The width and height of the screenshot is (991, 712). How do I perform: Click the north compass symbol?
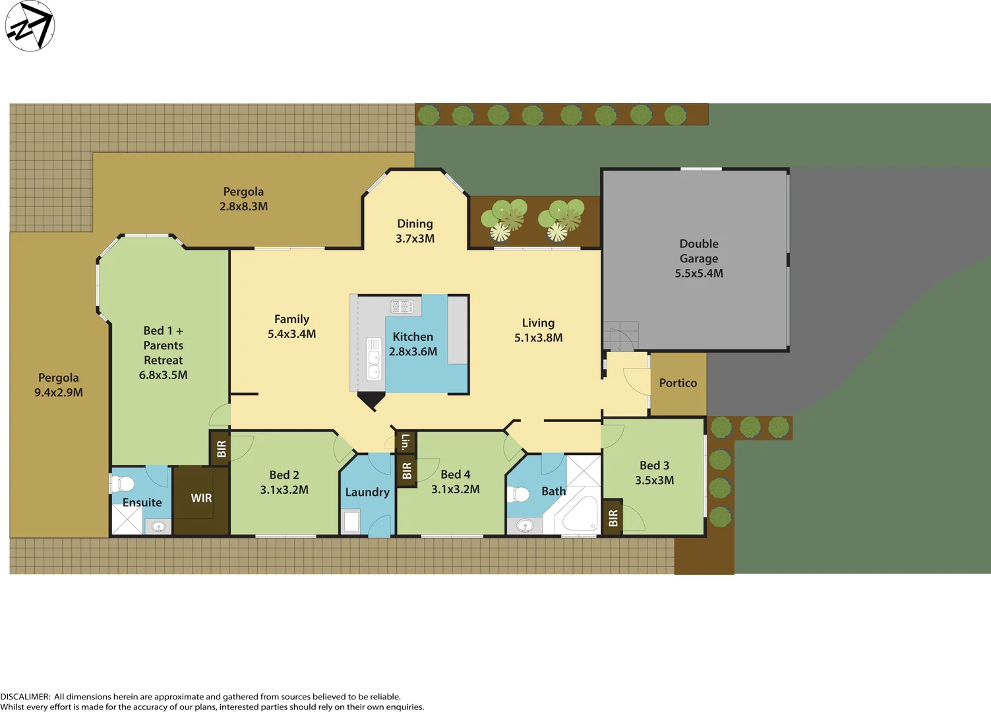point(30,26)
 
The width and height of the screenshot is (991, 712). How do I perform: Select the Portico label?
point(678,383)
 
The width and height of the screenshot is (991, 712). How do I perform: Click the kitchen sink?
point(374,359)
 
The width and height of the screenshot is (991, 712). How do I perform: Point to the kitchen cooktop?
point(402,307)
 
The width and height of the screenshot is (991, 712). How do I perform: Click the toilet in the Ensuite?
point(123,484)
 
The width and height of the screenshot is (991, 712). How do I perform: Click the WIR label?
point(201,498)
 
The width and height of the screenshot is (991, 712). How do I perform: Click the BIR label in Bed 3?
point(613,518)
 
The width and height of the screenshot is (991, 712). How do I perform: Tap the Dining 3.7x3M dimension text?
point(415,239)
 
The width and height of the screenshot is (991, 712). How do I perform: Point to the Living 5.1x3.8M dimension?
point(538,338)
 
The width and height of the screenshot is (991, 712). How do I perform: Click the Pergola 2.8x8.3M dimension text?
point(243,206)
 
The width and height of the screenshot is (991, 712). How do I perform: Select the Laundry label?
point(367,492)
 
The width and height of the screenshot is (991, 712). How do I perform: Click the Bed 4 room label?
point(455,475)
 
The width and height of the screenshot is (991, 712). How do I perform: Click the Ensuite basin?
point(158,526)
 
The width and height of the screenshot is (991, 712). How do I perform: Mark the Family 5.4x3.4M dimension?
point(291,334)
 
